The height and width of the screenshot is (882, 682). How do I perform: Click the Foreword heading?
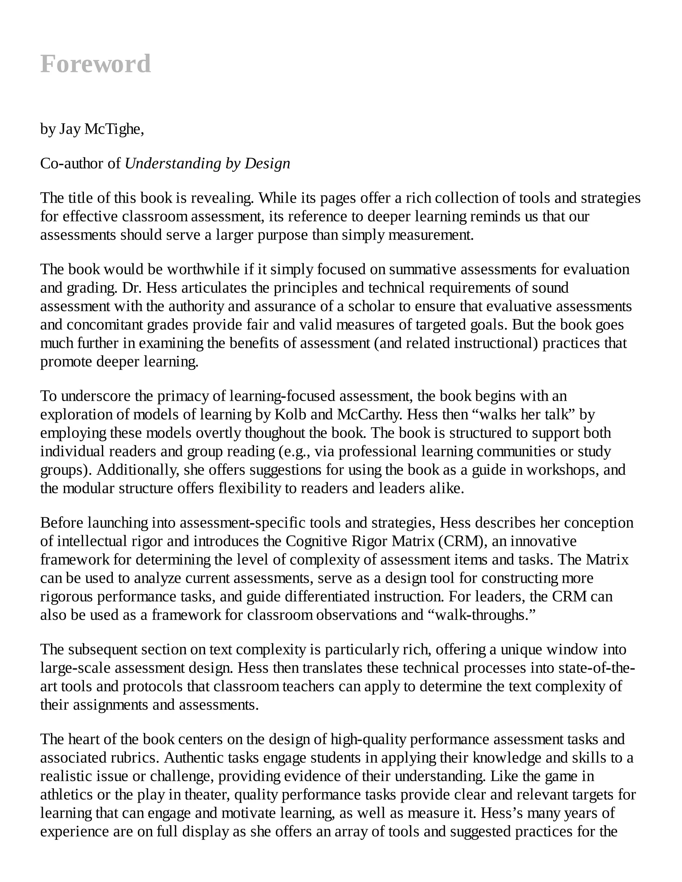96,64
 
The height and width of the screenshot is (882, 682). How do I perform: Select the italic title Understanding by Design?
207,163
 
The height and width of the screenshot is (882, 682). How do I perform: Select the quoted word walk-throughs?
481,615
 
